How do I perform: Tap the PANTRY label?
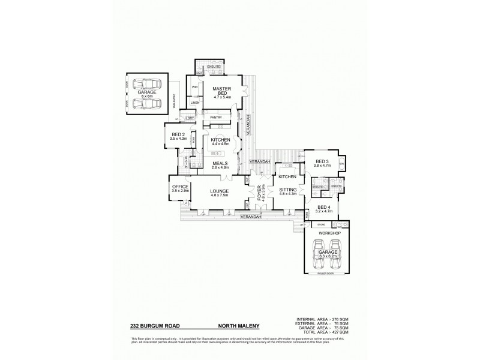[x=216, y=118]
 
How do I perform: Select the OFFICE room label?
[x=180, y=187]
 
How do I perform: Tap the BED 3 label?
[x=322, y=161]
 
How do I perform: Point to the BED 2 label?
[x=179, y=134]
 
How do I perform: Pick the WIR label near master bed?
[x=195, y=87]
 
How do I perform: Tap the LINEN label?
[x=195, y=103]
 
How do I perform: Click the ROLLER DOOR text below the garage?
[x=325, y=274]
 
